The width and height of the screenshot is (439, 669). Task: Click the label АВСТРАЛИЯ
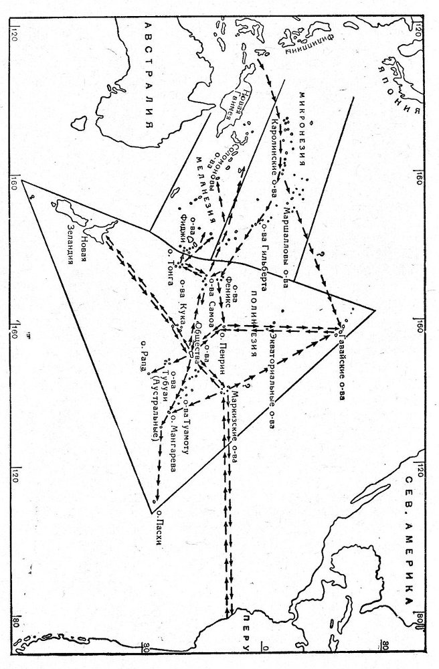click(150, 74)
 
